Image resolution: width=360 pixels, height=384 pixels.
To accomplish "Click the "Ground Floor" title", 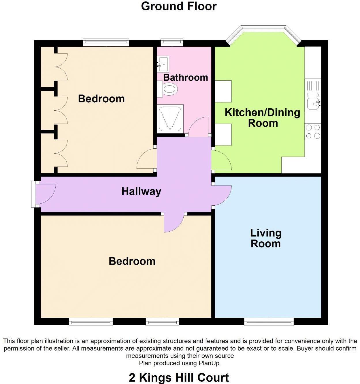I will pyautogui.click(x=179, y=6).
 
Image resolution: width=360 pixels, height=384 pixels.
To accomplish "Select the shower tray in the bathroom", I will pyautogui.click(x=171, y=118).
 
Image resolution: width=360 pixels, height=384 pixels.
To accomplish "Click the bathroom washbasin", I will pyautogui.click(x=163, y=64).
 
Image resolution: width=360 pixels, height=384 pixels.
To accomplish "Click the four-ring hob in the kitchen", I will pyautogui.click(x=313, y=131).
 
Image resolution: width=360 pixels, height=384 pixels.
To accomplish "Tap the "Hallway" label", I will pyautogui.click(x=141, y=191).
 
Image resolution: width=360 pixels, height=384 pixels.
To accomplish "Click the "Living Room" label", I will pyautogui.click(x=265, y=238).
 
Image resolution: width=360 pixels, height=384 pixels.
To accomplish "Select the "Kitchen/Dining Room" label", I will pyautogui.click(x=262, y=118).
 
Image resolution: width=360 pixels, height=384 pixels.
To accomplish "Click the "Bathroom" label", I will pyautogui.click(x=185, y=77).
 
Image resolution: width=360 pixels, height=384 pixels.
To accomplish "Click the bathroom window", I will pyautogui.click(x=172, y=42).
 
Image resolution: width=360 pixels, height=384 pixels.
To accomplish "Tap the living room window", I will pyautogui.click(x=269, y=321).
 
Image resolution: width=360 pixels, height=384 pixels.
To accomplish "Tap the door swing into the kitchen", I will pyautogui.click(x=220, y=161).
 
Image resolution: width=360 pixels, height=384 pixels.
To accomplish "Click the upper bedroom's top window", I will pyautogui.click(x=106, y=42).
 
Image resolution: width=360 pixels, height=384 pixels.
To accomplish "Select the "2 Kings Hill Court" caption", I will pyautogui.click(x=179, y=377).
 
